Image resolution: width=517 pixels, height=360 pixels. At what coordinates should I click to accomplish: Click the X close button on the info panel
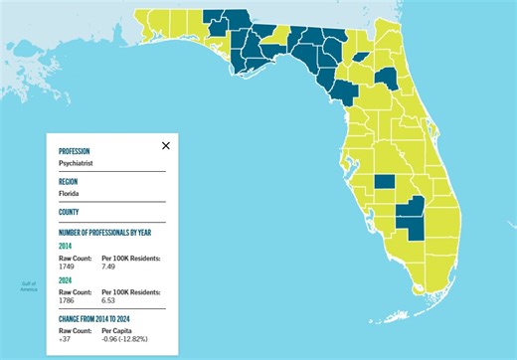[166, 145]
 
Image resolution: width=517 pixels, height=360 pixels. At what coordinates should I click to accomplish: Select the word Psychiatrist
[78, 163]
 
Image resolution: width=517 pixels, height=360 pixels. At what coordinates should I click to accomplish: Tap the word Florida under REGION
[70, 194]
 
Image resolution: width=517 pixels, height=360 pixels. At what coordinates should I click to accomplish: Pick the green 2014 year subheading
[67, 246]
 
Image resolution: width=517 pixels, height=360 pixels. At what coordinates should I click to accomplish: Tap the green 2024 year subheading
[67, 280]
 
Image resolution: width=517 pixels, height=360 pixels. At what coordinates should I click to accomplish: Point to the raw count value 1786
[68, 299]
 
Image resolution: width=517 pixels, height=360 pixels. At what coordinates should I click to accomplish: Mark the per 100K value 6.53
[110, 299]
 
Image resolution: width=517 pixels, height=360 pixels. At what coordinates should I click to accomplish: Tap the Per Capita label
[117, 329]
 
